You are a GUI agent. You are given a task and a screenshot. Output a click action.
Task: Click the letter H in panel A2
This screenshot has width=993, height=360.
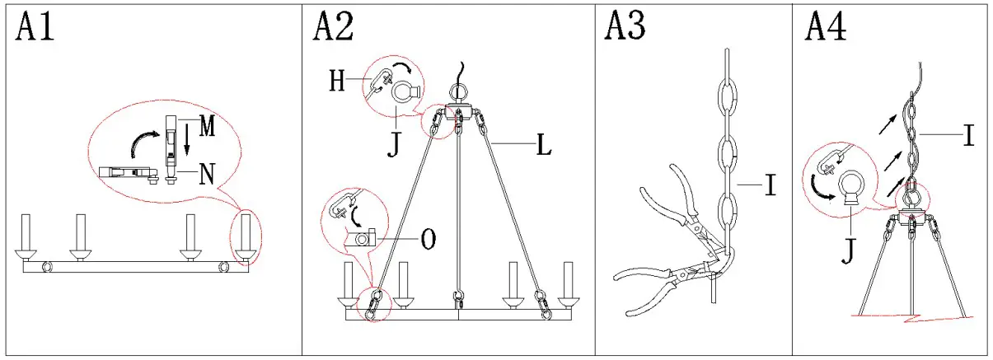pos(338,82)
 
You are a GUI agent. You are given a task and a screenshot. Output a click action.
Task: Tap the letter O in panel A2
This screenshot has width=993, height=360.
pos(428,239)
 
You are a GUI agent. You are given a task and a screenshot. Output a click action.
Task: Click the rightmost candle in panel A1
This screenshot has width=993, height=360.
pos(245,233)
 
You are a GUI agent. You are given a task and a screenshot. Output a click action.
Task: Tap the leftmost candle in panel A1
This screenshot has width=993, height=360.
pos(26,233)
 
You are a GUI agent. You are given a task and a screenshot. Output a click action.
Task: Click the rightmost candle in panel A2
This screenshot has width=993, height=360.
pos(567,283)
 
